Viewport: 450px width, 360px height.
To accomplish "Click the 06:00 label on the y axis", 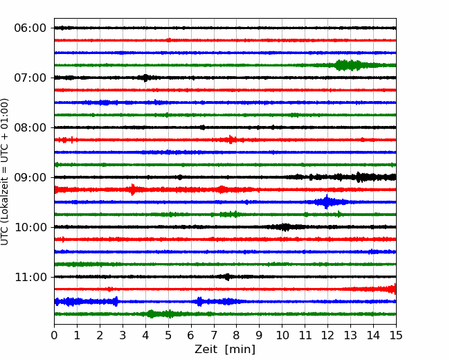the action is (x=30, y=28).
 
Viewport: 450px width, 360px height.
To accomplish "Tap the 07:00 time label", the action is (x=30, y=78).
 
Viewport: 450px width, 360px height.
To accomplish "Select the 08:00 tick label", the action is (x=30, y=127).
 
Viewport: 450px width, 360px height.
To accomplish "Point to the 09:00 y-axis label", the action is (x=30, y=177).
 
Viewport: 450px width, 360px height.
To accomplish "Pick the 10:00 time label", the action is (x=30, y=227).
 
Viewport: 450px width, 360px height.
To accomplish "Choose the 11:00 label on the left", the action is (x=30, y=277).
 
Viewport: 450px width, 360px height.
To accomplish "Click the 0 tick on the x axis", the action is (x=54, y=335).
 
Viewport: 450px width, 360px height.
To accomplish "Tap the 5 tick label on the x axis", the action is (x=168, y=335).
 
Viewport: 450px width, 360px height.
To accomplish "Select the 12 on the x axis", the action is (x=327, y=335).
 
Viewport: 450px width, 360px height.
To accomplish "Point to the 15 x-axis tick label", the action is (x=396, y=335).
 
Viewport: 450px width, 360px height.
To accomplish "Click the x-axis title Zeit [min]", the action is (x=225, y=350).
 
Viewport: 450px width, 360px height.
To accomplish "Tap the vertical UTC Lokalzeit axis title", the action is (x=5, y=172).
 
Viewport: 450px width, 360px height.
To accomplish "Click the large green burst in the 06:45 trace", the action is (x=349, y=65).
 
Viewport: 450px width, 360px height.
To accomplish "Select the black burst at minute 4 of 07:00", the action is (x=146, y=78).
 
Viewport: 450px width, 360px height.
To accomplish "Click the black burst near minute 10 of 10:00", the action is (x=285, y=227).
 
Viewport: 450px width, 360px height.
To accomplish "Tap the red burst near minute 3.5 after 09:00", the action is (x=132, y=190).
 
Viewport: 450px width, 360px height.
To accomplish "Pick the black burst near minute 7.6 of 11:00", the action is (x=227, y=277).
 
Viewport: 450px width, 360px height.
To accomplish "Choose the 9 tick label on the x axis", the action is (x=259, y=335).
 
